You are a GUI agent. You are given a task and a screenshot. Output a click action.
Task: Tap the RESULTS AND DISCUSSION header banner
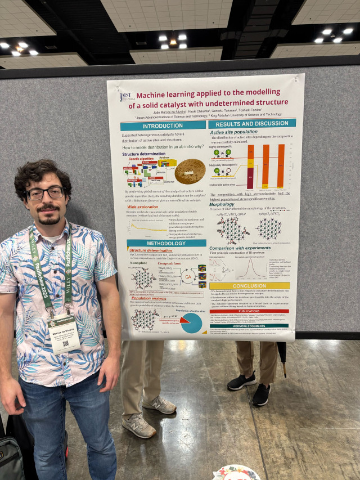251,123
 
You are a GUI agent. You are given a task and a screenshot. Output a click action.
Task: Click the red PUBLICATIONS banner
249,311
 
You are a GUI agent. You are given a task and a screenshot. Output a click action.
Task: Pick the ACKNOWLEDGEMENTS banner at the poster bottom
249,325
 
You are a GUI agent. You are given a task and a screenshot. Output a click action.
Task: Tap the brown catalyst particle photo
190,171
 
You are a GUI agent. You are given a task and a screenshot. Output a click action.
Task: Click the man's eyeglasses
46,194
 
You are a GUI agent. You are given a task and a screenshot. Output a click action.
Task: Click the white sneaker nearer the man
137,426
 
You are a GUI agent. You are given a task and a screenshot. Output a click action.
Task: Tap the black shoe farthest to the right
261,394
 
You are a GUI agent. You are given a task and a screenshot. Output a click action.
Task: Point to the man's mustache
49,209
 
